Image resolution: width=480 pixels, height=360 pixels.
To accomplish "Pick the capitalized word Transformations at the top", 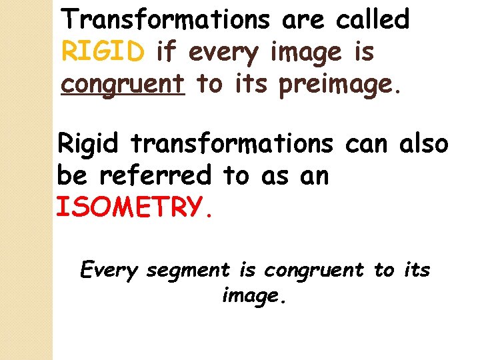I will coord(167,20).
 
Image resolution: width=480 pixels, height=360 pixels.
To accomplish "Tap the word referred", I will coord(157,175).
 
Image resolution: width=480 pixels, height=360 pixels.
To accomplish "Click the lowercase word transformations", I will coord(232,143).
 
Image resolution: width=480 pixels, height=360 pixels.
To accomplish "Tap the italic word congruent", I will coord(314,270).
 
